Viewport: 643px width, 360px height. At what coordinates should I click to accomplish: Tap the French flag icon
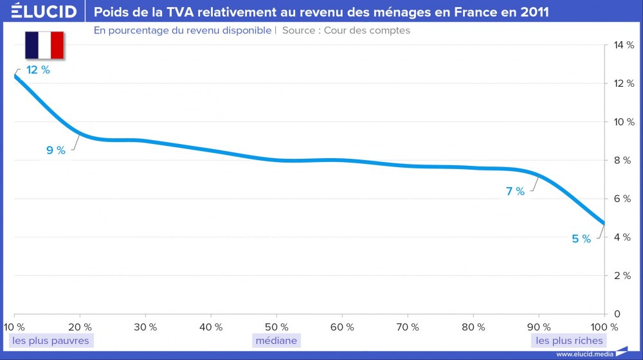[44, 45]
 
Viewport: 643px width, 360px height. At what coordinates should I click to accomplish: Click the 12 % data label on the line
[38, 70]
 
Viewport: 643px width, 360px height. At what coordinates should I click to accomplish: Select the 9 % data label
[55, 150]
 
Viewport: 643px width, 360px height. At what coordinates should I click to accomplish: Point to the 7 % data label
[515, 191]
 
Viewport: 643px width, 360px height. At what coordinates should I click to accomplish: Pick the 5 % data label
[581, 239]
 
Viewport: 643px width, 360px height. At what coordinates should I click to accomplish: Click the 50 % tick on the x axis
[276, 327]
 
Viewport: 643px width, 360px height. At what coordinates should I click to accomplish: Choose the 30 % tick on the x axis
[145, 327]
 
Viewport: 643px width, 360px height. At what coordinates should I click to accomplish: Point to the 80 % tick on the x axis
[473, 327]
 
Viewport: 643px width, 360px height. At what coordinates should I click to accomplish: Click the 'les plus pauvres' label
[51, 340]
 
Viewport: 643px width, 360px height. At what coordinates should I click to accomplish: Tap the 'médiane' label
[276, 340]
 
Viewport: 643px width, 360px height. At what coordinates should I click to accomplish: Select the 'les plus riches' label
[570, 340]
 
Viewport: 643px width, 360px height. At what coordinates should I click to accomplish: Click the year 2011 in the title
[534, 12]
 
